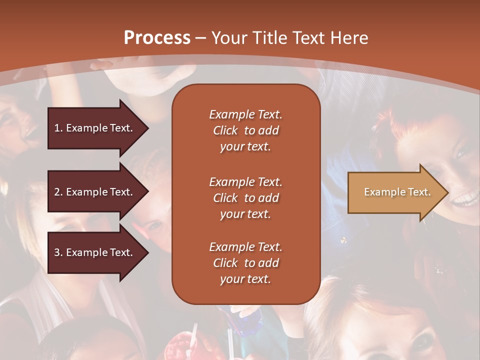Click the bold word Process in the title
[x=157, y=37]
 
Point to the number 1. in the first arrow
[x=58, y=128]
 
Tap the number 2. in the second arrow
[x=58, y=192]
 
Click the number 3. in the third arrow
[x=58, y=252]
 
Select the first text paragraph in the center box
[x=245, y=130]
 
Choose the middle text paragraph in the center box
[x=245, y=197]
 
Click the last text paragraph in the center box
[x=245, y=263]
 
